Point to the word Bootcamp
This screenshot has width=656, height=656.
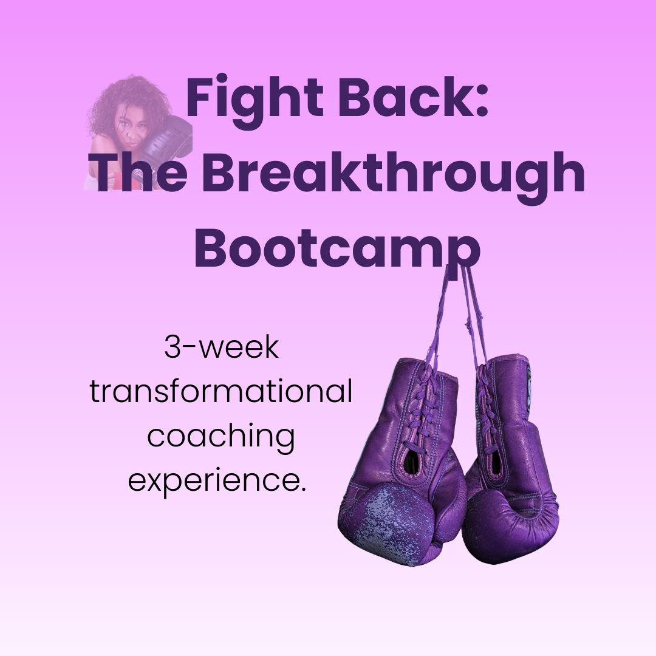coord(337,249)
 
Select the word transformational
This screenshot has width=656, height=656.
coord(221,392)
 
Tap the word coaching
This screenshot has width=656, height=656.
coord(221,437)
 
